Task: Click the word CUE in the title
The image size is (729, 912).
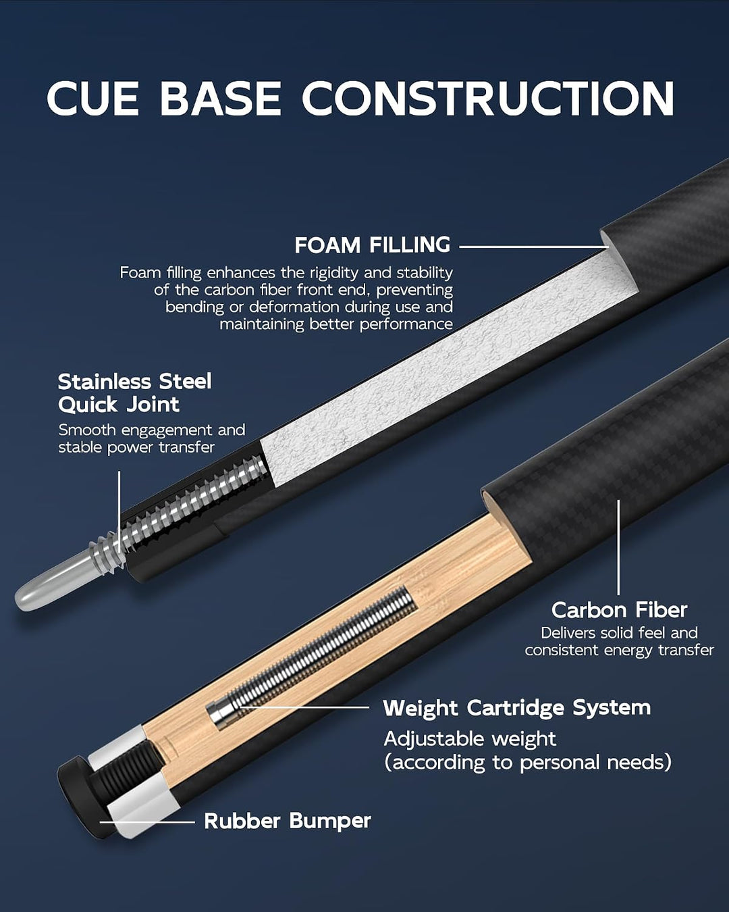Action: pos(93,98)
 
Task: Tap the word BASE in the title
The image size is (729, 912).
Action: pos(221,98)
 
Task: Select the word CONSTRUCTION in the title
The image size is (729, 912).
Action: pos(487,98)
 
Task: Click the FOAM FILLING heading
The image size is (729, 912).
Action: pos(373,245)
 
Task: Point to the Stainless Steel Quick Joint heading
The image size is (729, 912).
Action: pos(135,393)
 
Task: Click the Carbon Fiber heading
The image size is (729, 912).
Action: pos(619,610)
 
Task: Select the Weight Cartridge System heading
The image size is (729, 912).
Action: pos(517,708)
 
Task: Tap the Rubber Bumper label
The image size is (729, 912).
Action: pos(287,820)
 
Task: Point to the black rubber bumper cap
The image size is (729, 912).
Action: pos(78,796)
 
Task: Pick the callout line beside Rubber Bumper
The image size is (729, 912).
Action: pos(147,822)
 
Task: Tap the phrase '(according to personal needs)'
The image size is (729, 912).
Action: pos(527,763)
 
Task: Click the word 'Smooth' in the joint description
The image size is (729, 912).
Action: pos(87,430)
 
